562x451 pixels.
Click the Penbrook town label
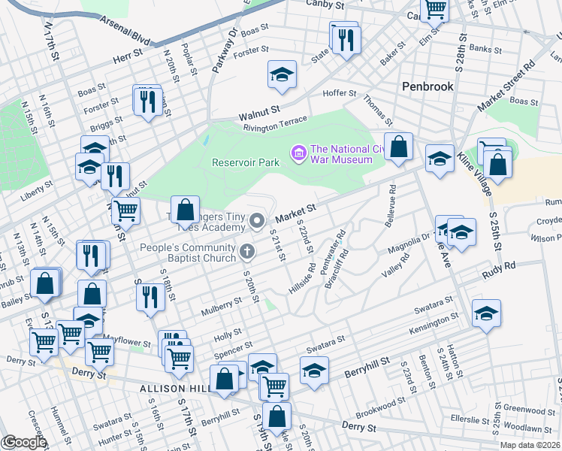tap(428, 86)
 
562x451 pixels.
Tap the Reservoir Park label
tap(246, 162)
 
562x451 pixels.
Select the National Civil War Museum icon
tap(298, 154)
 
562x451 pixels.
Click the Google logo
tap(23, 442)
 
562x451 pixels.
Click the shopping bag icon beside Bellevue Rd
tap(398, 146)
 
